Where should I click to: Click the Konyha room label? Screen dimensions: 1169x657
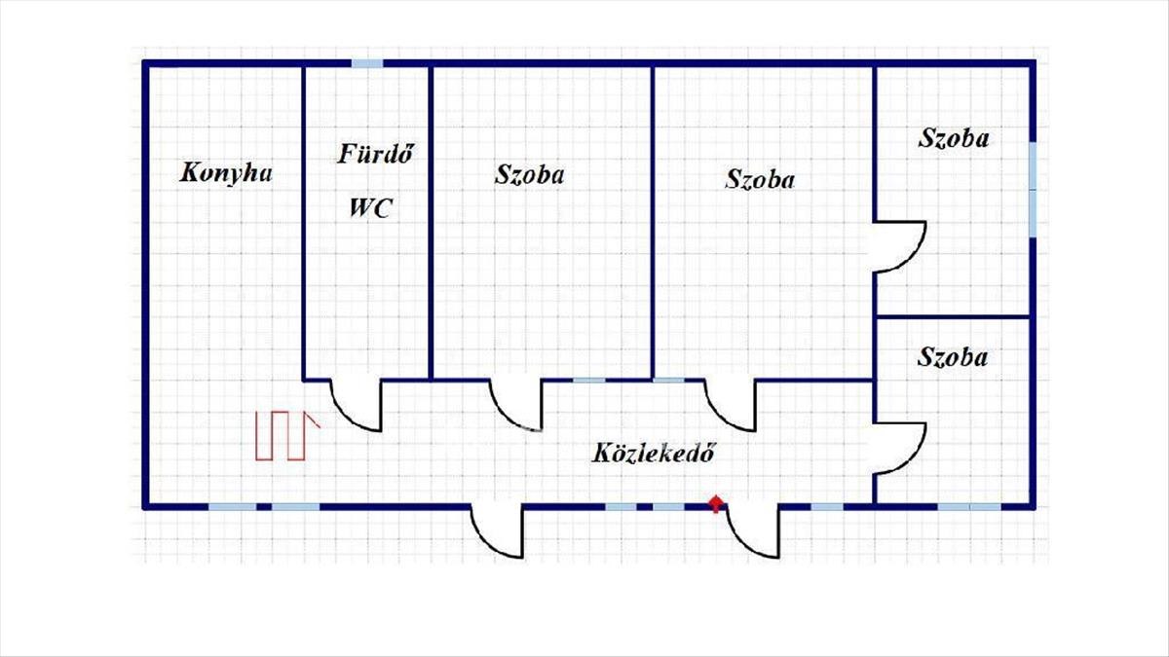(x=226, y=173)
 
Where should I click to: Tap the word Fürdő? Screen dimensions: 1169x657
(x=376, y=154)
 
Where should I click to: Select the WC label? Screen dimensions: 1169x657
(x=370, y=208)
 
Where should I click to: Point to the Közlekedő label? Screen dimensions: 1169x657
(x=653, y=453)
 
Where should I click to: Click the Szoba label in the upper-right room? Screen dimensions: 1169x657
(x=954, y=139)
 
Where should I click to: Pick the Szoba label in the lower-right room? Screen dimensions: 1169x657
(x=953, y=358)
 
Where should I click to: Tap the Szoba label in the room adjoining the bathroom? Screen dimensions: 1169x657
(x=529, y=174)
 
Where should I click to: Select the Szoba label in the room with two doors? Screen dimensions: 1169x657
(x=760, y=180)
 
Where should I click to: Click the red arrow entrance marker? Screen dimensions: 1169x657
(x=716, y=504)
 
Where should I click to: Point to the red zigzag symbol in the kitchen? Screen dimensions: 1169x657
(x=287, y=436)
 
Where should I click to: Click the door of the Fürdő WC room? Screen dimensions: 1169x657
(x=356, y=406)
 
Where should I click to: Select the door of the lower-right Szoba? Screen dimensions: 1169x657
(x=900, y=449)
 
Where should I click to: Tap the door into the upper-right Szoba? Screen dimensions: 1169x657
(x=900, y=246)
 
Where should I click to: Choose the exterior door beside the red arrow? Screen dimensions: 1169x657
(x=752, y=530)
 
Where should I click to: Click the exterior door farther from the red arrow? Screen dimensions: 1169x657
(x=497, y=530)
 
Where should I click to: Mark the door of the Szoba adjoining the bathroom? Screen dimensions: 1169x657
(x=516, y=405)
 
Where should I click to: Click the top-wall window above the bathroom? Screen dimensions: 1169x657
(x=367, y=63)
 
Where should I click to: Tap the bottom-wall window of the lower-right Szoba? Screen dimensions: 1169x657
(x=969, y=506)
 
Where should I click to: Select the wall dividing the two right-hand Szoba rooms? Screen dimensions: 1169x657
(x=953, y=316)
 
